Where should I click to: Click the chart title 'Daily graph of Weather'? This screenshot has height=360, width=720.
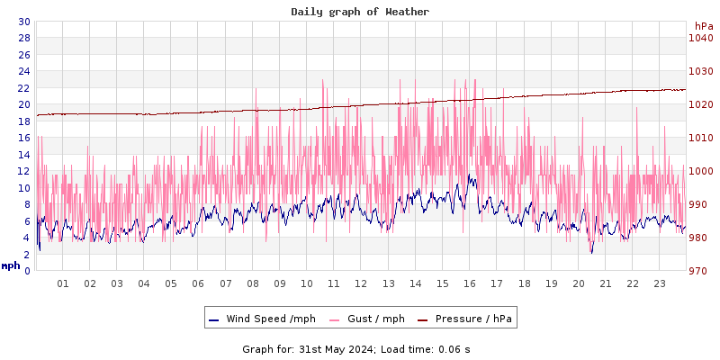point(360,12)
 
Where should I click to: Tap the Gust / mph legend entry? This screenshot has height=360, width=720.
point(367,319)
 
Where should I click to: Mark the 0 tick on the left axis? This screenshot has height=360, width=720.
point(26,271)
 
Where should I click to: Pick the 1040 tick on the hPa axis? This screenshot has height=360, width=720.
point(700,38)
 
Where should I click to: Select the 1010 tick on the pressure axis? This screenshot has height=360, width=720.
point(700,138)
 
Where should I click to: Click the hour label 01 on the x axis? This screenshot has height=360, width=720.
point(63,283)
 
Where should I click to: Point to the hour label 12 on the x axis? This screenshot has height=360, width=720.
point(361,283)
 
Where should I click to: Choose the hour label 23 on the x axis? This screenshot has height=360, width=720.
point(659,283)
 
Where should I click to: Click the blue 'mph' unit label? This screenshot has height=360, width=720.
point(11,265)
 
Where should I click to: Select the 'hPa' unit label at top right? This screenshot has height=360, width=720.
point(703,26)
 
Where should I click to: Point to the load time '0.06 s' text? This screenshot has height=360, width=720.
point(454,349)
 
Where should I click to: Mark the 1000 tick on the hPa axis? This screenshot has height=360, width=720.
point(700,171)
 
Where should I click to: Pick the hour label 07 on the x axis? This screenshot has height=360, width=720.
point(225,283)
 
